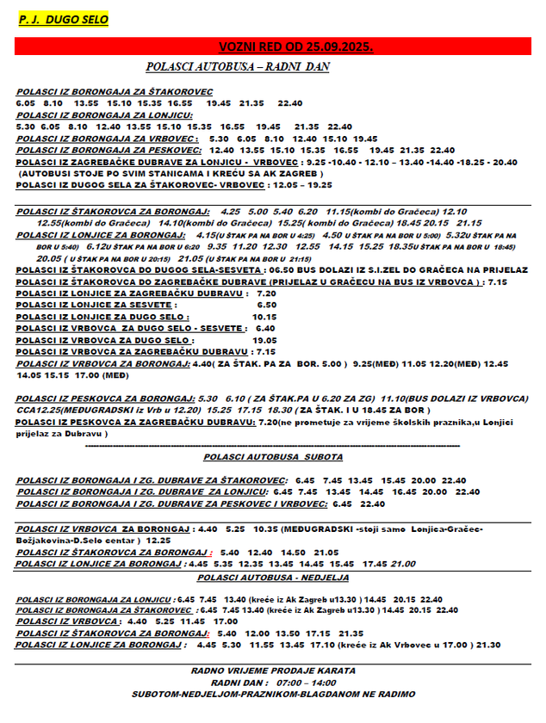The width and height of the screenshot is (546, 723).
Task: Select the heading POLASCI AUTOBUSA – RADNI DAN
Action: coord(238,66)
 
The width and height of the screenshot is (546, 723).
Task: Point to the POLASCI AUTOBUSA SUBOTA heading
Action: coord(273,456)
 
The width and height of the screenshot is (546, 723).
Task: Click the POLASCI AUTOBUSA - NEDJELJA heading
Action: coord(272,577)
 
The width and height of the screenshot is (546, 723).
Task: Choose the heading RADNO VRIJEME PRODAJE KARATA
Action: coord(273,670)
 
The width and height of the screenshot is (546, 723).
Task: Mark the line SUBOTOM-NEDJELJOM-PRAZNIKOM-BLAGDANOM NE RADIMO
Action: coord(273,694)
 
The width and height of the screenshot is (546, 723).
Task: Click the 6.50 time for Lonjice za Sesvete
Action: coord(267,305)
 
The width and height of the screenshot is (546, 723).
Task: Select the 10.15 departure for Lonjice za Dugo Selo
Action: coord(264,317)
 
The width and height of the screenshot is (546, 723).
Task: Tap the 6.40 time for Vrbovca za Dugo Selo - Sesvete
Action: coord(265,328)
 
